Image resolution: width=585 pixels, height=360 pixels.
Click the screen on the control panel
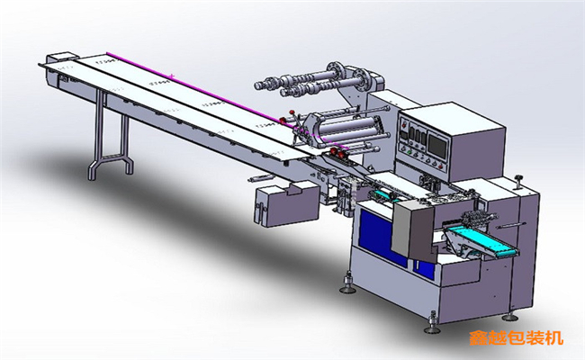coord(437,145)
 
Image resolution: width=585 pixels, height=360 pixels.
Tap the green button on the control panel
coord(409,152)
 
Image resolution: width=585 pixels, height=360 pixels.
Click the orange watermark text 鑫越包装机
coord(516,338)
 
